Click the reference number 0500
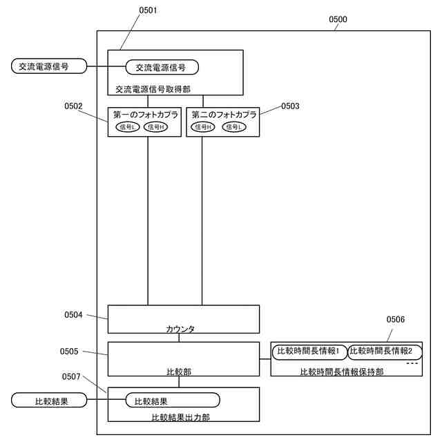tap(338, 19)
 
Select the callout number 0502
tap(73, 106)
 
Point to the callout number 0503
tap(290, 106)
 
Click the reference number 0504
tap(73, 315)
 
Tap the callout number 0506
tap(396, 320)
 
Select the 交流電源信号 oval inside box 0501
tap(162, 67)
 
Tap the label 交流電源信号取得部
tap(153, 88)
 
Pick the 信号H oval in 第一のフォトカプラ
tap(155, 127)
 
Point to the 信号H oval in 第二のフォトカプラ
tap(204, 127)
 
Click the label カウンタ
tap(180, 329)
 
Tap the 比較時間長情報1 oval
tap(308, 352)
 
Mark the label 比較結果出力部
tap(180, 417)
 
